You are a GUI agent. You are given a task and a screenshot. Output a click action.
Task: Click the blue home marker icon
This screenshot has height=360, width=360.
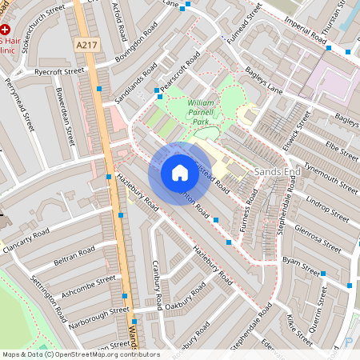pos(179,173)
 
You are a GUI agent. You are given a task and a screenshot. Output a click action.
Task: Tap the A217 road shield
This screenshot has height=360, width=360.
pos(88,45)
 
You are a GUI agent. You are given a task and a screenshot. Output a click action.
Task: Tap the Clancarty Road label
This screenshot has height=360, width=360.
pos(26,242)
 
